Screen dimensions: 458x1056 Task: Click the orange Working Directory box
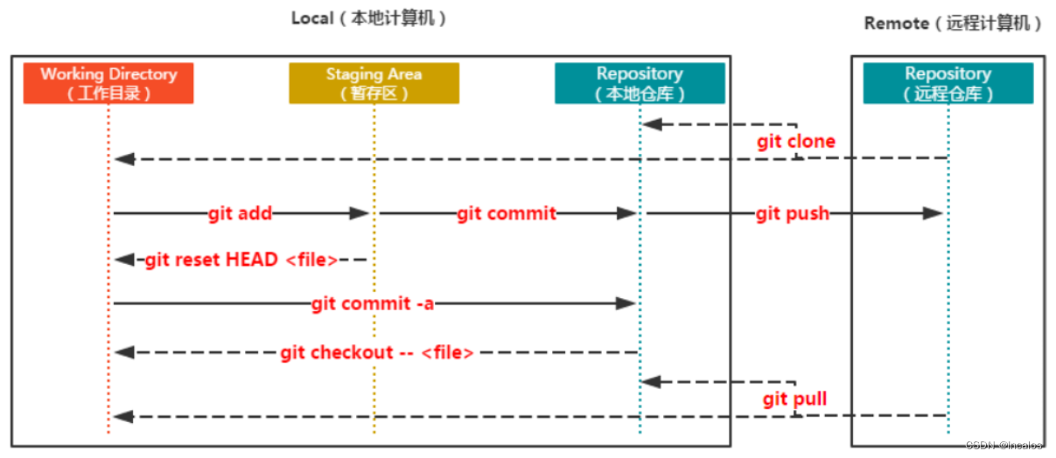click(x=108, y=83)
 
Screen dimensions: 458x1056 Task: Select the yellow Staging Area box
click(x=374, y=83)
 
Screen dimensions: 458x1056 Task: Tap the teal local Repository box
click(x=640, y=83)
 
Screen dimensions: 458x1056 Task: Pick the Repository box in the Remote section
click(x=948, y=83)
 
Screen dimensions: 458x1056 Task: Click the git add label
click(x=241, y=213)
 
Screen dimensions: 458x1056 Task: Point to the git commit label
click(x=507, y=213)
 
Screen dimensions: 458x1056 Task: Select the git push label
click(x=793, y=213)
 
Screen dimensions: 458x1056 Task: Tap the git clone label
click(x=796, y=142)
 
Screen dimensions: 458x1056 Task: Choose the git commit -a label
click(x=373, y=303)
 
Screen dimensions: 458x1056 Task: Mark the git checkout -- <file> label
click(x=377, y=352)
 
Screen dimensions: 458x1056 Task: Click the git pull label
click(x=794, y=399)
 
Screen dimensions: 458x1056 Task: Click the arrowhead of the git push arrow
click(x=932, y=213)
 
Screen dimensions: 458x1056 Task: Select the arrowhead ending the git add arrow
click(x=360, y=213)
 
